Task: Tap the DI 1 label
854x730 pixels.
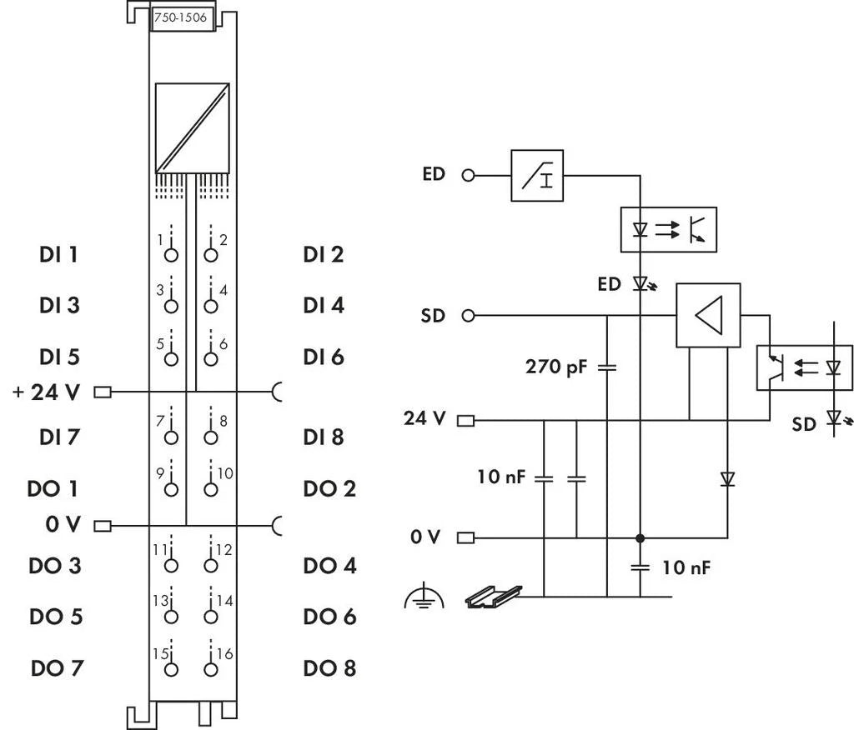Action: (x=58, y=254)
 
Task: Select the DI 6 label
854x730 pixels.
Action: (x=324, y=357)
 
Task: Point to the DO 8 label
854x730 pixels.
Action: (x=329, y=667)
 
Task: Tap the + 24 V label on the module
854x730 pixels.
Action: (x=46, y=392)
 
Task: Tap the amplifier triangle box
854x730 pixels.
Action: (x=707, y=316)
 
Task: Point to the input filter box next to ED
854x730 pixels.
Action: (x=537, y=176)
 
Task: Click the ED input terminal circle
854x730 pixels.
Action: (x=468, y=176)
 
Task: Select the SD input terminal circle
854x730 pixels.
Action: (x=468, y=316)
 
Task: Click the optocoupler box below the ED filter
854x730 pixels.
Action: (x=668, y=227)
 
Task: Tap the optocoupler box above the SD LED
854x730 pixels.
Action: (x=804, y=367)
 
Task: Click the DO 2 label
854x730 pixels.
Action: (x=329, y=488)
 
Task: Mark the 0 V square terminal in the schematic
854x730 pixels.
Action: (x=466, y=537)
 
